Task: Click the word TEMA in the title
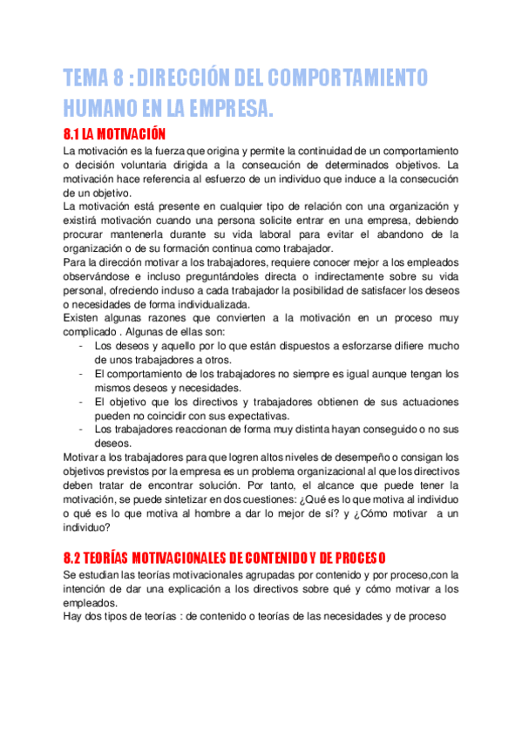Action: pyautogui.click(x=90, y=78)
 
